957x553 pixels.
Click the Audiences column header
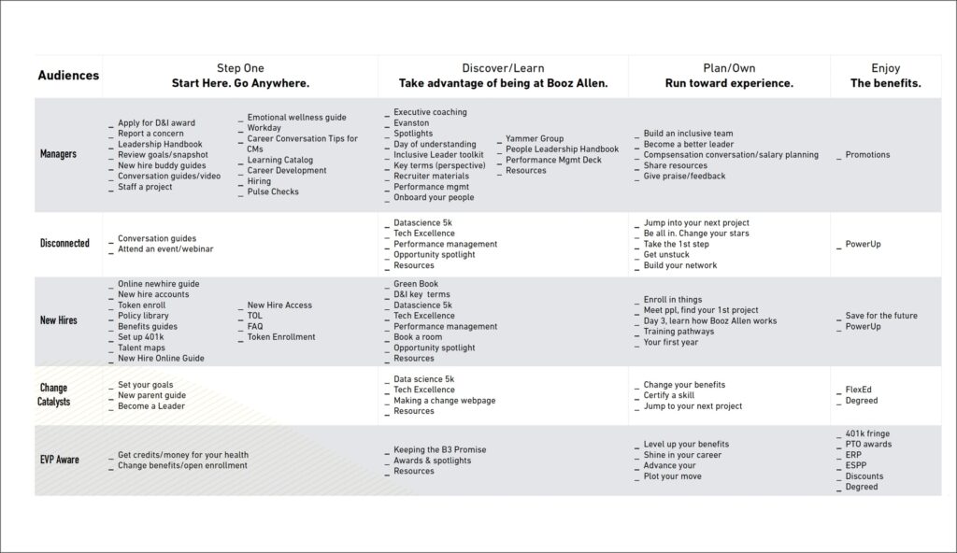point(68,76)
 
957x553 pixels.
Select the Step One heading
point(240,68)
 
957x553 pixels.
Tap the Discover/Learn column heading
point(503,68)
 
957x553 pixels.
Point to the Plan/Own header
point(729,68)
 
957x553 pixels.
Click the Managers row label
point(58,153)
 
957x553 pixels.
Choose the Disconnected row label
point(64,243)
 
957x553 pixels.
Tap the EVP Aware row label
point(59,460)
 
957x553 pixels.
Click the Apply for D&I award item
point(157,123)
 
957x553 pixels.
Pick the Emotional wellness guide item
point(296,118)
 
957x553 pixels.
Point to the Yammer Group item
point(535,139)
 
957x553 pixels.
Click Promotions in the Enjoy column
point(867,155)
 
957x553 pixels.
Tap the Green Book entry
point(416,284)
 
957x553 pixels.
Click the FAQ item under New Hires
point(255,327)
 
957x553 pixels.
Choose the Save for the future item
point(881,316)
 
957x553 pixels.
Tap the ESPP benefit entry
point(858,465)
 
